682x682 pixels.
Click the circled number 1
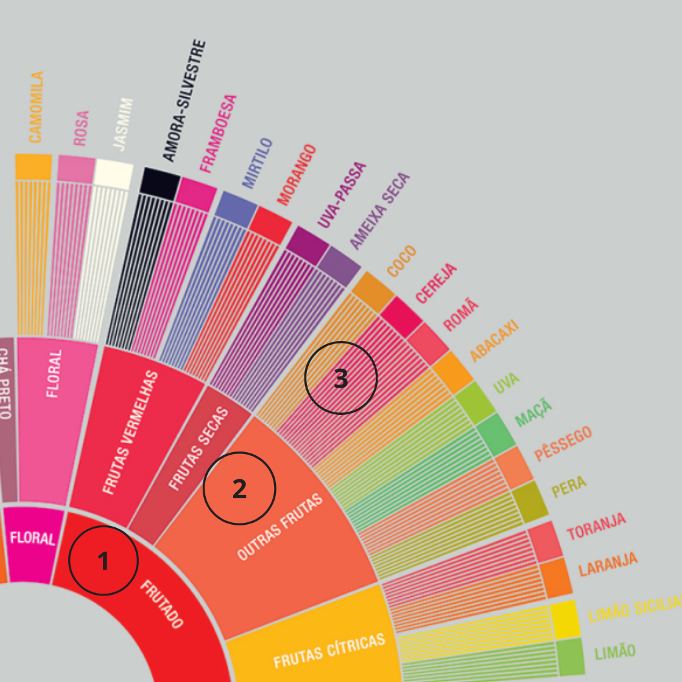(x=103, y=560)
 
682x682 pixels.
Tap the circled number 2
(x=239, y=488)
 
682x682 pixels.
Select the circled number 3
(x=341, y=378)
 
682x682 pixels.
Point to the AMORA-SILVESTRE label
(x=184, y=100)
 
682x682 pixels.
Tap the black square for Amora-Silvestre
(x=160, y=182)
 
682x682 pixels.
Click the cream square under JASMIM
(x=114, y=174)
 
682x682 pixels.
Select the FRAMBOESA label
(x=218, y=134)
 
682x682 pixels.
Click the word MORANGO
(x=296, y=174)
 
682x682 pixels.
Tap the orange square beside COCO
(x=373, y=292)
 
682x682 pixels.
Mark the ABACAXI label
(x=494, y=340)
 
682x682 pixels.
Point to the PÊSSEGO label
(x=563, y=444)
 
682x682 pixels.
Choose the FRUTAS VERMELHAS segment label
(x=131, y=433)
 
